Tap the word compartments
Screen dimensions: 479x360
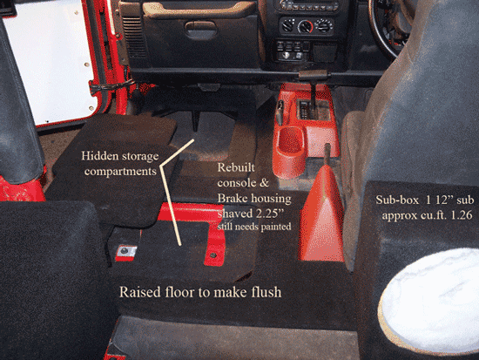[120, 172]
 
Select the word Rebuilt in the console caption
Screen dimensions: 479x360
[236, 167]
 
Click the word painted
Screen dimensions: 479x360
[276, 227]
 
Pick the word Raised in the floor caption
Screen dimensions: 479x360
[140, 292]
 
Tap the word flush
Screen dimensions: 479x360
[266, 292]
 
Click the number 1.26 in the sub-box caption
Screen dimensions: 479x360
[462, 215]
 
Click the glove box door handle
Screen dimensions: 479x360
[201, 30]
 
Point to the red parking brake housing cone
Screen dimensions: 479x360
[321, 214]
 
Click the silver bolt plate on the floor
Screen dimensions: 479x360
[125, 252]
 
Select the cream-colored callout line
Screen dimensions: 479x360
[172, 193]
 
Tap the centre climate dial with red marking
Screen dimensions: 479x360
[305, 27]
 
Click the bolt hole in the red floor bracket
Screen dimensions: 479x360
[213, 255]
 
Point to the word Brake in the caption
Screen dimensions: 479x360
[233, 199]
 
